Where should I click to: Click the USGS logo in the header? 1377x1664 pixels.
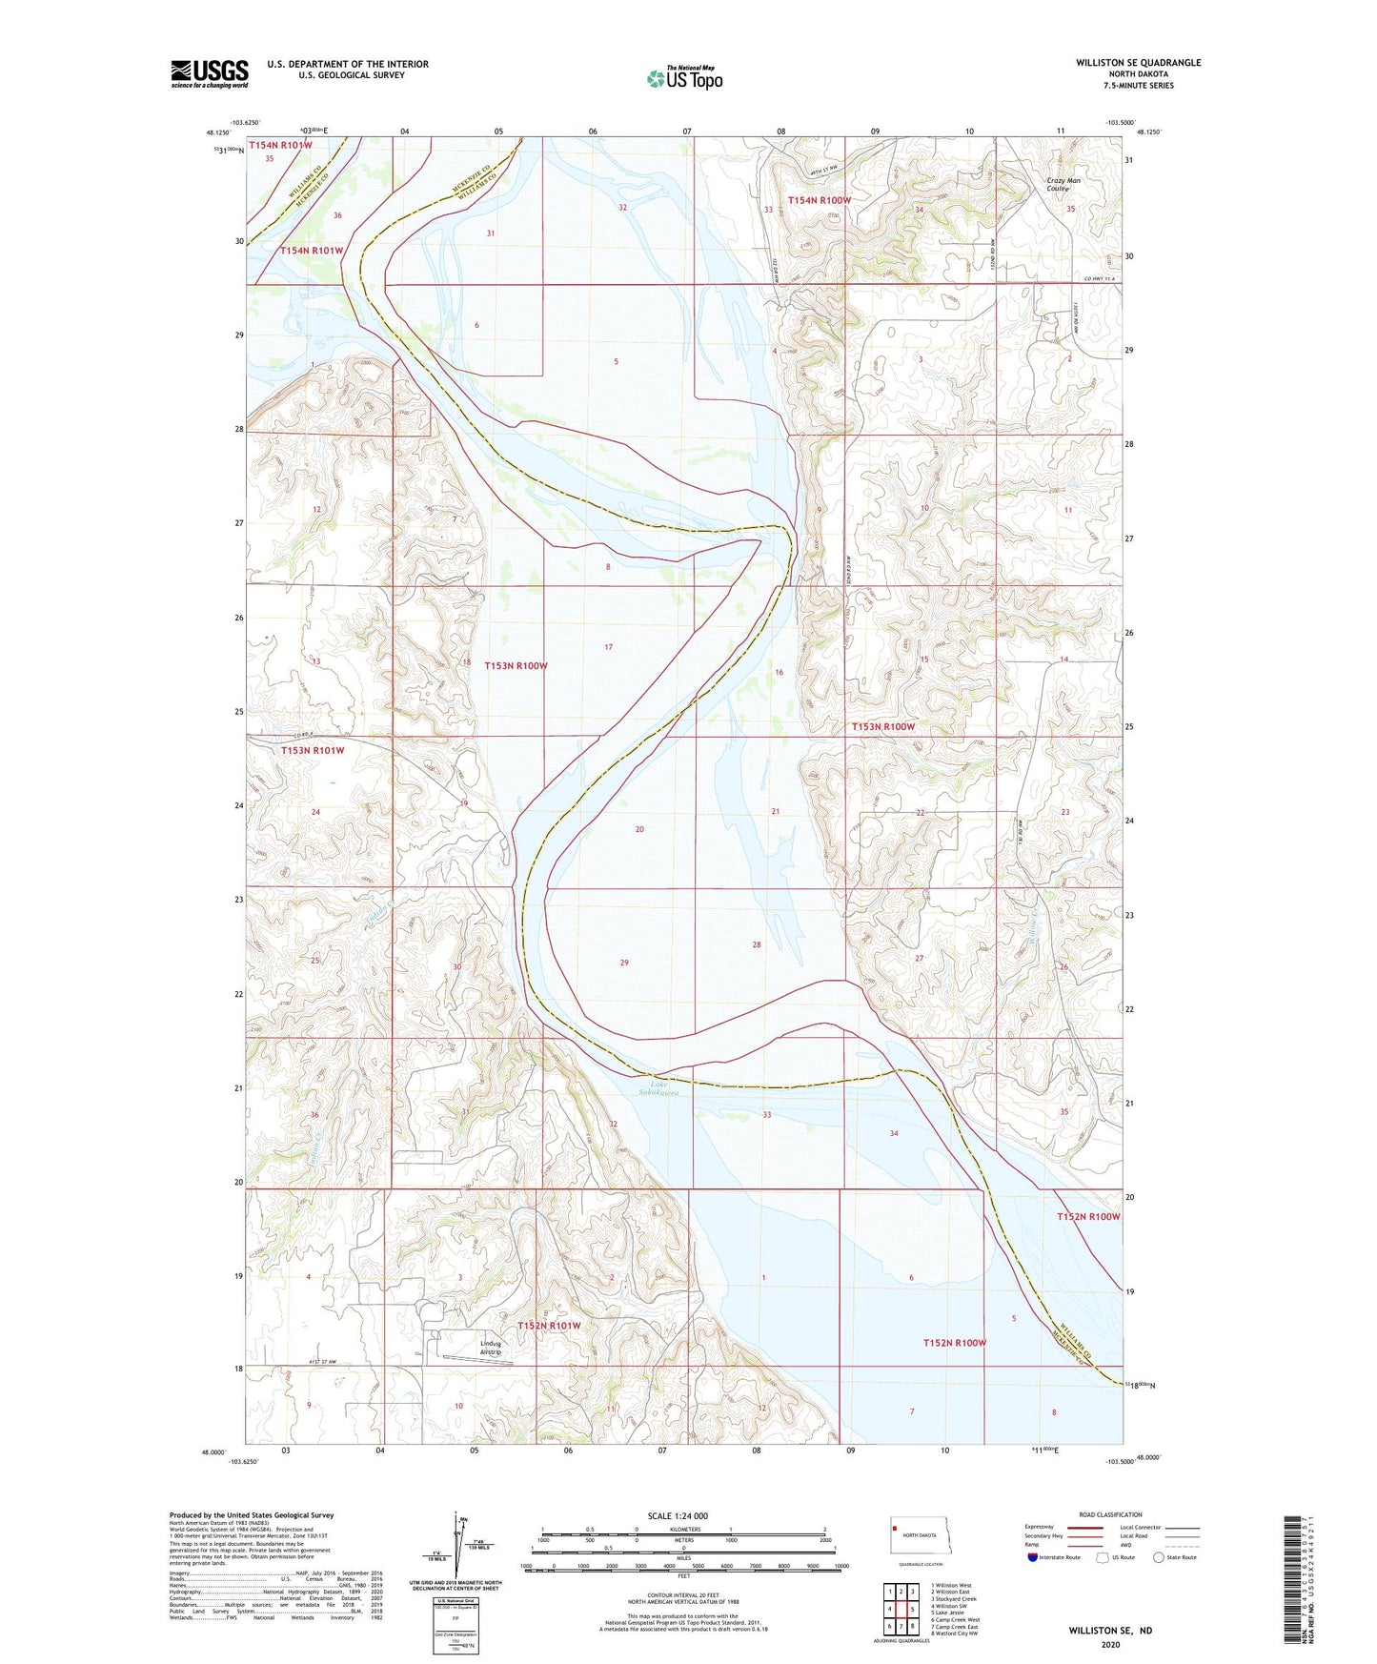click(x=210, y=73)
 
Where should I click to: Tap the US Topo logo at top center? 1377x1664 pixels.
click(x=684, y=78)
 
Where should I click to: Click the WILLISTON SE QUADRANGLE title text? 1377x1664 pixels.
click(x=1138, y=63)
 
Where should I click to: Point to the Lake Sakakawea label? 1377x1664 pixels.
click(x=664, y=1088)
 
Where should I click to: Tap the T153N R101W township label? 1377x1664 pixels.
click(x=313, y=750)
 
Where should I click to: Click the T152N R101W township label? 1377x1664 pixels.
click(x=549, y=1326)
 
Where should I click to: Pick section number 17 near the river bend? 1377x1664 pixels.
click(x=608, y=647)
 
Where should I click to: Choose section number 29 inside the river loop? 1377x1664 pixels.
click(x=624, y=963)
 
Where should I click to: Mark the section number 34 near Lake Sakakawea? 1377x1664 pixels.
click(x=894, y=1133)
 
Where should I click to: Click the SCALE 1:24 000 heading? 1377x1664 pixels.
click(x=678, y=1515)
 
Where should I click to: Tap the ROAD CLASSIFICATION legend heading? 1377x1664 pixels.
click(x=1110, y=1514)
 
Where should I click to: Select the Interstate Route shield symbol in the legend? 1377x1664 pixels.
click(x=1033, y=1557)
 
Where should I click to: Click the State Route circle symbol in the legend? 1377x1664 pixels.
click(x=1159, y=1557)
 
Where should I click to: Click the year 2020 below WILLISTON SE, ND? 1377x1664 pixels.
click(x=1110, y=1644)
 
